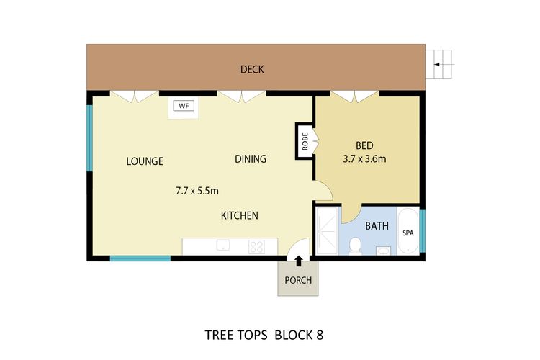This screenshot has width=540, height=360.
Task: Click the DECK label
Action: click(x=252, y=70)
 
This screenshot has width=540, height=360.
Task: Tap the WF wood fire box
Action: click(x=184, y=106)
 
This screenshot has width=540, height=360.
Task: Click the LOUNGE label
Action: click(x=145, y=161)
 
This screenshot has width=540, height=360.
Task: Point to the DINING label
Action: click(x=251, y=159)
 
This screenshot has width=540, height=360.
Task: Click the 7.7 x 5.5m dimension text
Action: click(x=197, y=191)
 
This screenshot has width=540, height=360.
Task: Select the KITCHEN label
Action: click(x=239, y=215)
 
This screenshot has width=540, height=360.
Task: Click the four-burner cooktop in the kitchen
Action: click(x=256, y=246)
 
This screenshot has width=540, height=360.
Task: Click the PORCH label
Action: click(x=298, y=280)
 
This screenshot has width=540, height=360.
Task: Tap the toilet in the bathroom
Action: click(x=354, y=248)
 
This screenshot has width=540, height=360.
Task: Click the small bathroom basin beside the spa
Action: click(x=384, y=251)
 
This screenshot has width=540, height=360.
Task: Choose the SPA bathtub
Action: click(x=408, y=233)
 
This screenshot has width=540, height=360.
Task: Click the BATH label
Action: click(x=377, y=225)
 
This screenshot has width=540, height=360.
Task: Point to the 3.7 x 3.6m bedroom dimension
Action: click(x=364, y=159)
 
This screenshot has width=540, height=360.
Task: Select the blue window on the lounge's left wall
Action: click(x=90, y=138)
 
